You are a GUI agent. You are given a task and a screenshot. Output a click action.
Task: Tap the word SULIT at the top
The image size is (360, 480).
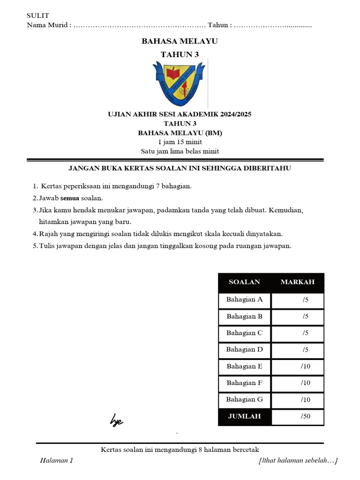coord(38,16)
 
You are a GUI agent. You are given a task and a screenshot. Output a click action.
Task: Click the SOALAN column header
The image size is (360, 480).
coord(244,282)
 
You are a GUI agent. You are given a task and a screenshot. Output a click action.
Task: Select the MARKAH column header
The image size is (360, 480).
coord(297,282)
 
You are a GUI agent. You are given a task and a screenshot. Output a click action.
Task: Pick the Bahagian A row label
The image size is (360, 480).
coord(244,300)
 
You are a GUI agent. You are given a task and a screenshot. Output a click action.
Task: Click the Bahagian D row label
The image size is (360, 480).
coord(244,350)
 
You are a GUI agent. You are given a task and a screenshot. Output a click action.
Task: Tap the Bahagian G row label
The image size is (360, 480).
coord(244,400)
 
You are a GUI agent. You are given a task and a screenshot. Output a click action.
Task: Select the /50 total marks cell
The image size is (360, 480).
coord(306,416)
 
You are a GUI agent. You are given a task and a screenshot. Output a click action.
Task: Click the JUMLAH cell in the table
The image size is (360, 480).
coord(244,416)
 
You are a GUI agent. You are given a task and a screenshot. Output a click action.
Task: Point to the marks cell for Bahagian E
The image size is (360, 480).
coord(306,367)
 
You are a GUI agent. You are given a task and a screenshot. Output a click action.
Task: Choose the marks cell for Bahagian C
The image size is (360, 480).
coord(306,333)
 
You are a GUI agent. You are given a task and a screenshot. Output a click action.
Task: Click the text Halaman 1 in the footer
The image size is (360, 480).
coord(57,461)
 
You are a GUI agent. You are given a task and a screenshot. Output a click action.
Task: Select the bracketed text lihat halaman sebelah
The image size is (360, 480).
coord(298,461)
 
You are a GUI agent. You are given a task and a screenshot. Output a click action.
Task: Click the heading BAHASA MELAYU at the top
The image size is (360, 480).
coord(180,42)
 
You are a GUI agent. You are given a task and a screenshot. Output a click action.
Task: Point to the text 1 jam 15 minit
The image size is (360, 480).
coord(180,142)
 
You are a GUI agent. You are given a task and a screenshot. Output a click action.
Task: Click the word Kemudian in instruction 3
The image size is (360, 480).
coord(286,210)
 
